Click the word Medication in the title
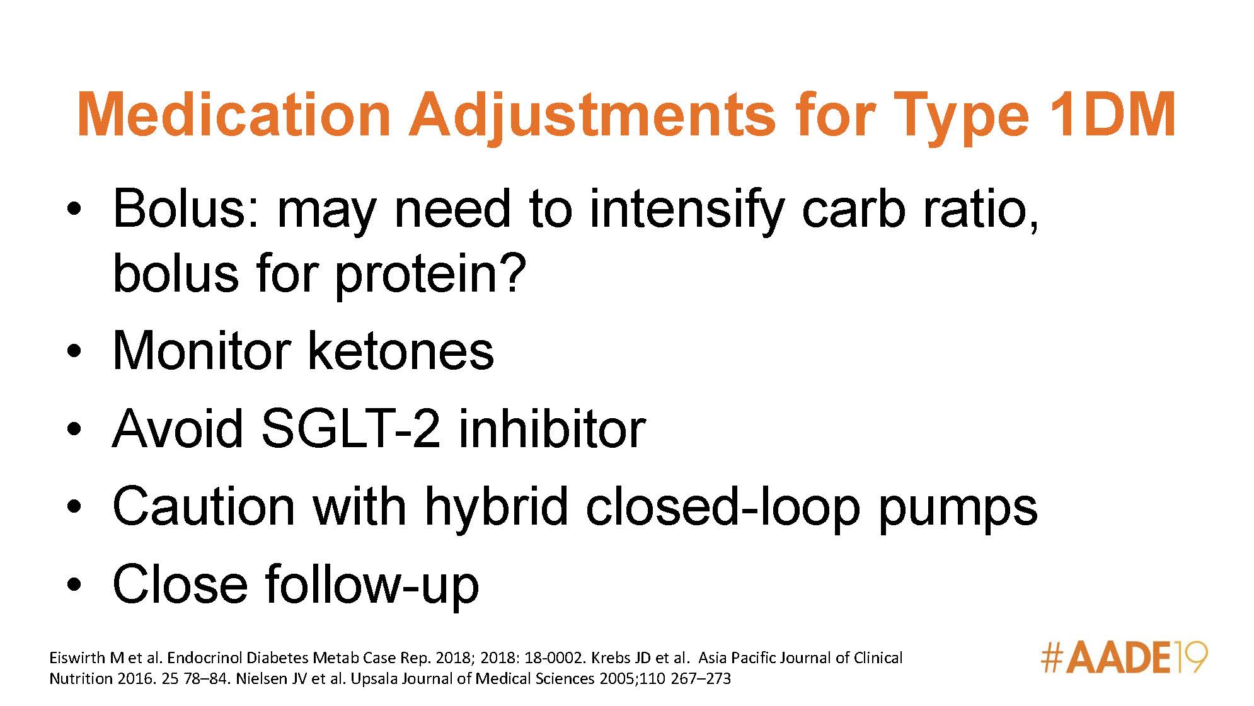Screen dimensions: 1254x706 point(234,115)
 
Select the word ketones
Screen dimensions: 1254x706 point(400,351)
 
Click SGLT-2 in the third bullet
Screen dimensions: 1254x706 point(350,428)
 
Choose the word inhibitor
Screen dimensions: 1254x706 point(552,428)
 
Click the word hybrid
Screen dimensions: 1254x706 point(497,507)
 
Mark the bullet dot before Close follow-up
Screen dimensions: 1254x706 point(74,585)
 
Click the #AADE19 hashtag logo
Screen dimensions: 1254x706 point(1124,658)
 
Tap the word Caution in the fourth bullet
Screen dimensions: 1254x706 point(203,507)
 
